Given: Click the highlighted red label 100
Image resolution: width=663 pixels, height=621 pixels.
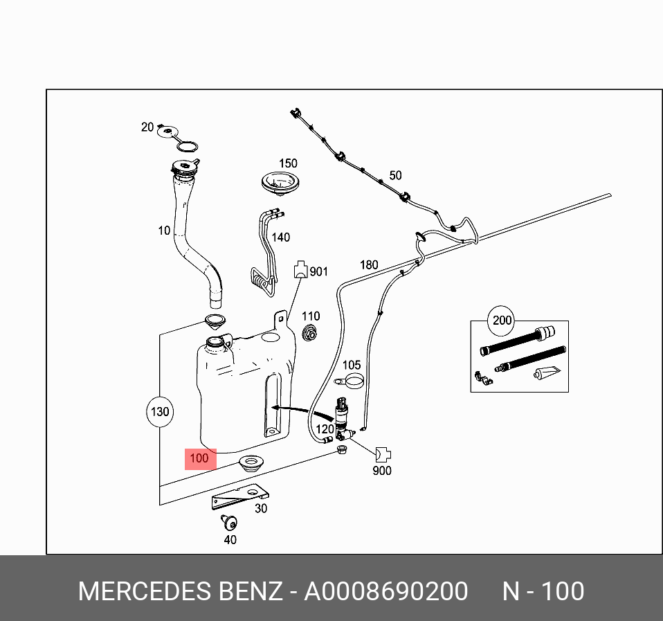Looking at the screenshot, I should [199, 458].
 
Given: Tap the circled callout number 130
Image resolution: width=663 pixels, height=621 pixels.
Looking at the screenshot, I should [159, 412].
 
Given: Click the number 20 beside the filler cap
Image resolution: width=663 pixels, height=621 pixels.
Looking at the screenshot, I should [147, 127].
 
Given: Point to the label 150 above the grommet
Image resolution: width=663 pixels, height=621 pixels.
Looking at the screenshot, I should [288, 163].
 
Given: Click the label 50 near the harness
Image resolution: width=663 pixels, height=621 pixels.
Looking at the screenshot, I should [395, 176].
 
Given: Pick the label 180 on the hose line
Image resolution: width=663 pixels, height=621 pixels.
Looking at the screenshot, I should [369, 264].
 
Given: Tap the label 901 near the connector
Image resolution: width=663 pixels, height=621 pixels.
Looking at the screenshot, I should [318, 272].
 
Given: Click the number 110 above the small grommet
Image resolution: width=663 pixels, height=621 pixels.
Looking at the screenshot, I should [311, 316].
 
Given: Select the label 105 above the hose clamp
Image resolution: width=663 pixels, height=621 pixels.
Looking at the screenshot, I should [352, 365].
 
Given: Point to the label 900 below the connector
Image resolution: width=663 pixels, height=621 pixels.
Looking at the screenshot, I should [381, 471].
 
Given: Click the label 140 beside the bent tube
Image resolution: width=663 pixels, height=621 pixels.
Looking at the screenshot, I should [280, 237].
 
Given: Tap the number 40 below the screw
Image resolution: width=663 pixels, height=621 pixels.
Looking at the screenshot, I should [230, 540].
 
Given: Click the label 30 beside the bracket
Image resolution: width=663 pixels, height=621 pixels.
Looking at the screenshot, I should [260, 508].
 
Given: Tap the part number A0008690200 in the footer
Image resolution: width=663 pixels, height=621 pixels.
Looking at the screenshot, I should [386, 592].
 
